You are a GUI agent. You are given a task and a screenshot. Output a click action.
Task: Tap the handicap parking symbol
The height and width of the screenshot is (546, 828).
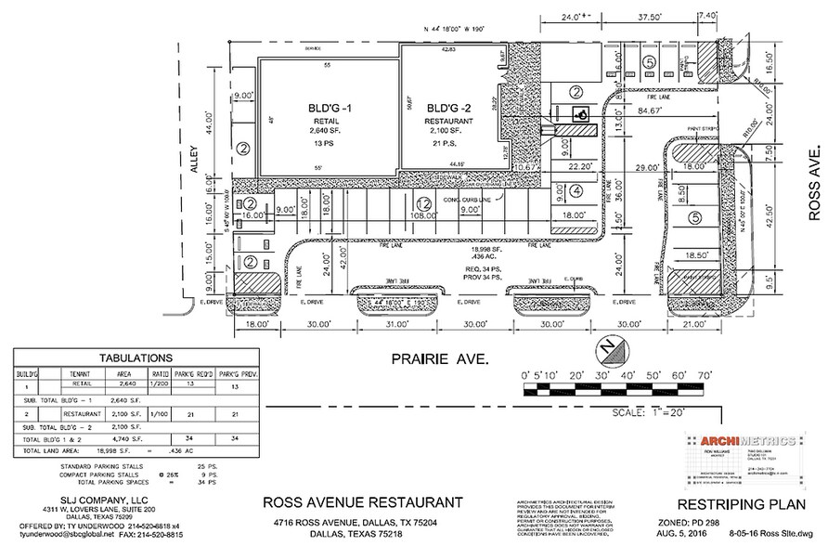click(x=581, y=115)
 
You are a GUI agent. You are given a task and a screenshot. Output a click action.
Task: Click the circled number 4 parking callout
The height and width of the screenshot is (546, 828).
click(x=576, y=191)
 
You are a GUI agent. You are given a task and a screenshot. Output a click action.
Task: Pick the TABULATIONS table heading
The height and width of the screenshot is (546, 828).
click(x=135, y=357)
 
